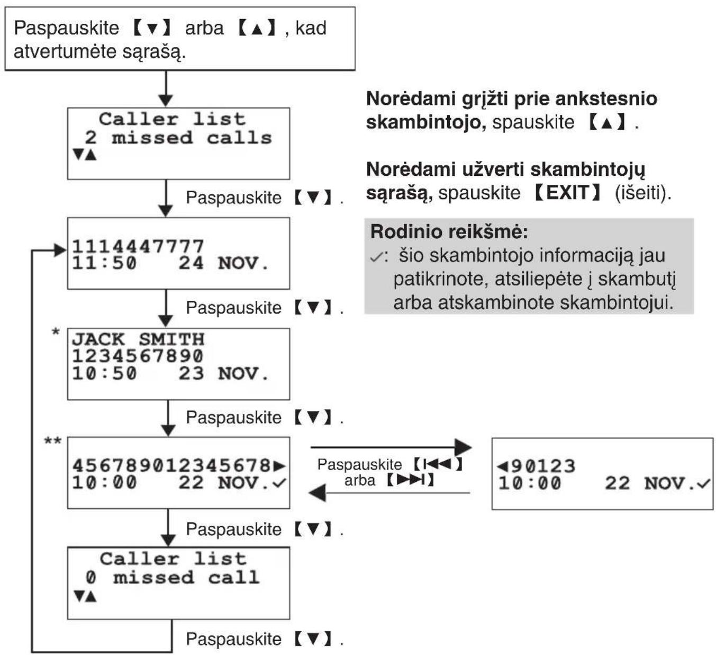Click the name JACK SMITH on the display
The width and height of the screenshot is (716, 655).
[138, 339]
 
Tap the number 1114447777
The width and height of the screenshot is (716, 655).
[138, 246]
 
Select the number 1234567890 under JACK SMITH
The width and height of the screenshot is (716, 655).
[138, 356]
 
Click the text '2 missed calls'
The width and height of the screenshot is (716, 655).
[178, 138]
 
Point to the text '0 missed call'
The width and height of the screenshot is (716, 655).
[173, 577]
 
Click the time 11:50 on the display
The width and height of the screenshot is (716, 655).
[104, 263]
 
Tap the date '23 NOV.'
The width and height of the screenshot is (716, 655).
[223, 373]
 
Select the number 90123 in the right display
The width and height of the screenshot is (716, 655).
[543, 466]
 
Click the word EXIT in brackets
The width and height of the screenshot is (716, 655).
[568, 193]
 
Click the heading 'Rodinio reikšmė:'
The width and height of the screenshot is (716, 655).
[449, 231]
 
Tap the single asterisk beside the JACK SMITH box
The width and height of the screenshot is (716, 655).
[56, 332]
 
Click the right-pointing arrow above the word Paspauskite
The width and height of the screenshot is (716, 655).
[391, 447]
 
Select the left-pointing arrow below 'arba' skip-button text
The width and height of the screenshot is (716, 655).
[389, 493]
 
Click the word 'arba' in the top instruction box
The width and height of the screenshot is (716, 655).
[204, 28]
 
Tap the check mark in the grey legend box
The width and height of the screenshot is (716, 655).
[377, 256]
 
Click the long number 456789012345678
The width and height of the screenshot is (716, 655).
[171, 466]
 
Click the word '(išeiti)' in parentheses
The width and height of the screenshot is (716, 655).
[643, 193]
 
